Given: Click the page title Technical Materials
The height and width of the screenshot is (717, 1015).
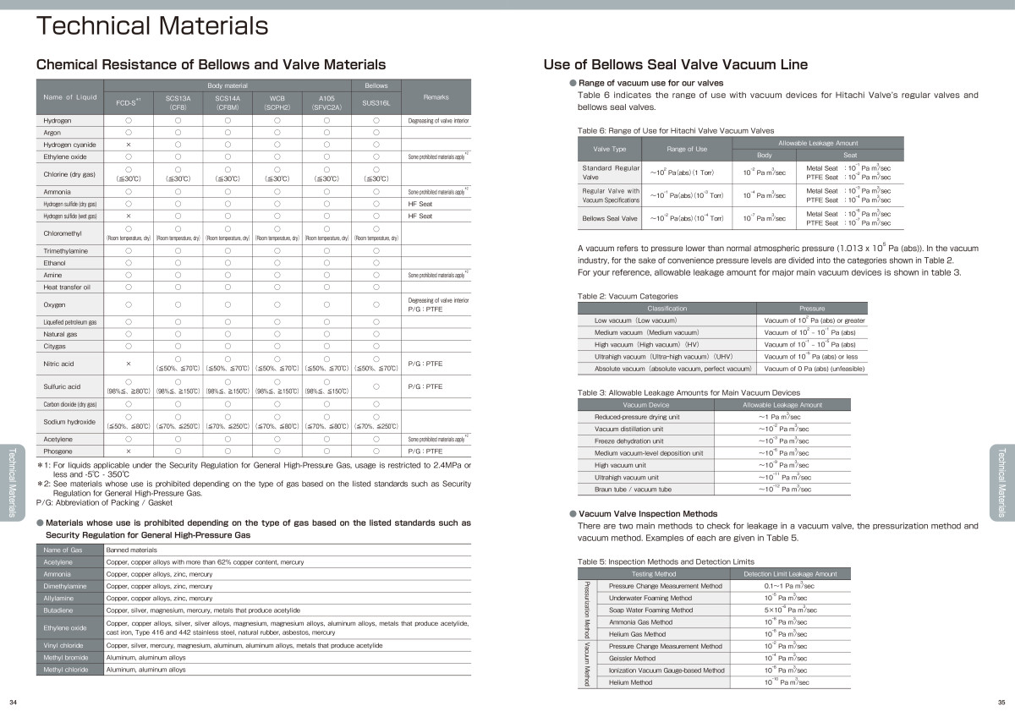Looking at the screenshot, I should [152, 26].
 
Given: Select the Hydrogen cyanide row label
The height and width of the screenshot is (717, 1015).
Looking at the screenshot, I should [70, 145].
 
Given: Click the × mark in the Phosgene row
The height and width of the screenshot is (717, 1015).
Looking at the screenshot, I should [128, 451].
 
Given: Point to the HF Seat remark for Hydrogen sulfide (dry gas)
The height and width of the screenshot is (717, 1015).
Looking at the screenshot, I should [420, 204].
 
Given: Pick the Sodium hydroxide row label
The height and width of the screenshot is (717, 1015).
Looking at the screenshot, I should [69, 421].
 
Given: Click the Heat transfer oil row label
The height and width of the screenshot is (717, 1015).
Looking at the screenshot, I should [67, 287].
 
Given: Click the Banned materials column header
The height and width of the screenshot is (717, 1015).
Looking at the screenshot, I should [125, 550].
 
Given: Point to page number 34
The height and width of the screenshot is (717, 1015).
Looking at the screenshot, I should [13, 703].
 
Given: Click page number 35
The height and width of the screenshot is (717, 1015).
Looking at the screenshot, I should [1001, 703].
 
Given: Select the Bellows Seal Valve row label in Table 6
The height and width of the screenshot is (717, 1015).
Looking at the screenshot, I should [610, 218].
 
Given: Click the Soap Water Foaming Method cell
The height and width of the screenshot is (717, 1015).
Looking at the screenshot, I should [650, 610].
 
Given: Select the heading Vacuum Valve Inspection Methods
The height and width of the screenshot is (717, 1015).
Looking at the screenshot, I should [648, 513].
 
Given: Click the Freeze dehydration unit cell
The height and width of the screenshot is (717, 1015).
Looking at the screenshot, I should [629, 441].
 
